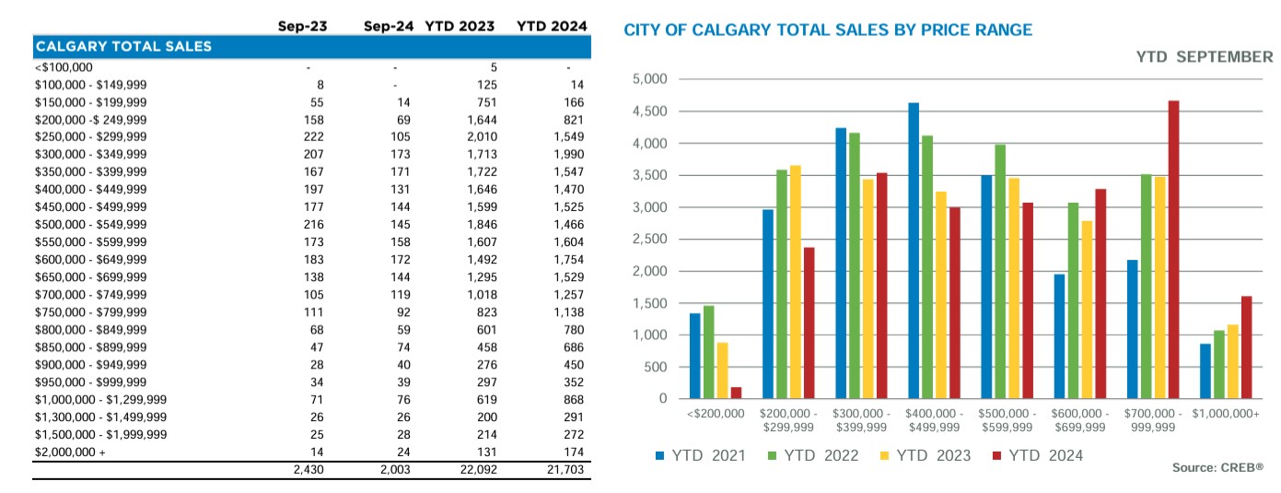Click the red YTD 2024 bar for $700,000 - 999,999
pos(1173,250)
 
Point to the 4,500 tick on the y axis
pos(650,112)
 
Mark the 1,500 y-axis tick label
pos(650,303)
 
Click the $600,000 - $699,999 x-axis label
pos(1078,420)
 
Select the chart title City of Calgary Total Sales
pos(828,30)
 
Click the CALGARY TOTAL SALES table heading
pos(123,46)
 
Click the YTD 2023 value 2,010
pos(483,136)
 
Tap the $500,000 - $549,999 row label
pos(90,224)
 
